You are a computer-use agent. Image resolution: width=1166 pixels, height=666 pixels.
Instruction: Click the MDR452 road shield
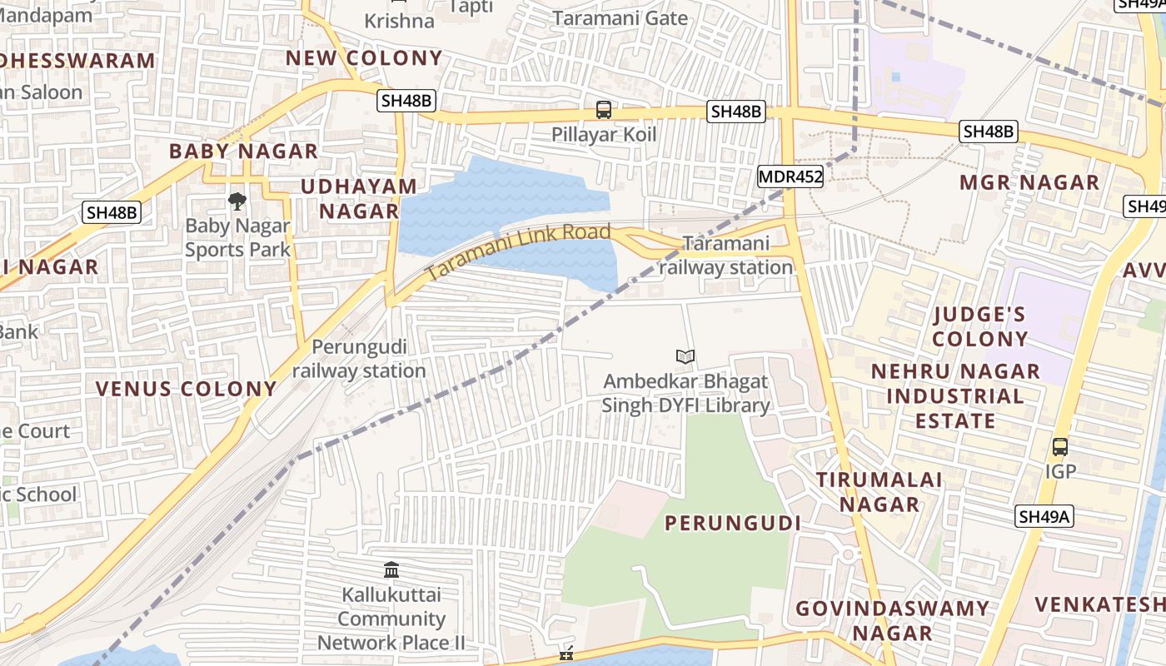pyautogui.click(x=790, y=176)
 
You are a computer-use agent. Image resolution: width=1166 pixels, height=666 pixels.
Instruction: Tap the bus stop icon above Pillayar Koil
pyautogui.click(x=604, y=110)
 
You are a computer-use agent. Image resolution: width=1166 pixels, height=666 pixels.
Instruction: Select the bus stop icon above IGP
pyautogui.click(x=1059, y=447)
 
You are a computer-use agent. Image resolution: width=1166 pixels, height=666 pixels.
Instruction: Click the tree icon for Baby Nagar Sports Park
pyautogui.click(x=237, y=201)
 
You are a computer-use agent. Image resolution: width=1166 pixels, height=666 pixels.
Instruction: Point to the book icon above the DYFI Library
pyautogui.click(x=685, y=357)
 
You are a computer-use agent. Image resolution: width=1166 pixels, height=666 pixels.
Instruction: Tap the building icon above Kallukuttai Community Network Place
pyautogui.click(x=391, y=570)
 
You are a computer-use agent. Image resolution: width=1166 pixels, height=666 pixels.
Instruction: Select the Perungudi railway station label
pyautogui.click(x=359, y=359)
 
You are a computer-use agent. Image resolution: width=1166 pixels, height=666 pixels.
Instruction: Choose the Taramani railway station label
pyautogui.click(x=725, y=256)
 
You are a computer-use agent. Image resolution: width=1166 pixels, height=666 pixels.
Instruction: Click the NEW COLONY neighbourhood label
pyautogui.click(x=364, y=57)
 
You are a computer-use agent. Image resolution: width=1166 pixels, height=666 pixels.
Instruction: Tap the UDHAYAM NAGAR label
pyautogui.click(x=359, y=198)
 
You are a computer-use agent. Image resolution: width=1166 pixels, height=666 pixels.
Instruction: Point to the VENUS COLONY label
pyautogui.click(x=186, y=389)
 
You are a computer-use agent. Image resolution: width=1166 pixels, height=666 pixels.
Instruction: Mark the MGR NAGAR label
pyautogui.click(x=1029, y=182)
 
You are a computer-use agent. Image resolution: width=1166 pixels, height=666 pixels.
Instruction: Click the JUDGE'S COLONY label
pyautogui.click(x=979, y=326)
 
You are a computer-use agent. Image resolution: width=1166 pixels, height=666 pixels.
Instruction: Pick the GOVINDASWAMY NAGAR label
pyautogui.click(x=892, y=620)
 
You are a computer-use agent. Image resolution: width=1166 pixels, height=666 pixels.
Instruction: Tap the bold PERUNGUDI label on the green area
pyautogui.click(x=733, y=523)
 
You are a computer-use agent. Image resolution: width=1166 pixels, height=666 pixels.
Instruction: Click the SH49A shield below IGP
pyautogui.click(x=1044, y=517)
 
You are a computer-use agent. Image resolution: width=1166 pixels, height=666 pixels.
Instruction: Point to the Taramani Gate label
pyautogui.click(x=620, y=18)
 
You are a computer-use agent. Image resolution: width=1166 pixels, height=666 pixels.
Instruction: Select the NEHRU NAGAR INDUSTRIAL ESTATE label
pyautogui.click(x=955, y=395)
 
